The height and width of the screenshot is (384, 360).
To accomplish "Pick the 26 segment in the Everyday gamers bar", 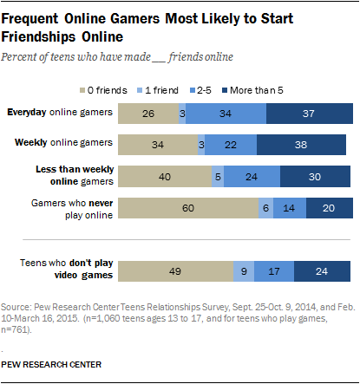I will coord(147,113).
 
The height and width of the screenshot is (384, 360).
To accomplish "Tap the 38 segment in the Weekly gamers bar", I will coord(300,143).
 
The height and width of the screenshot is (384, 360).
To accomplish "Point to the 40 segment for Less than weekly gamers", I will coord(165,176).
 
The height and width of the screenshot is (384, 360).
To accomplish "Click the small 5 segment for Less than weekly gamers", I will coord(218,176).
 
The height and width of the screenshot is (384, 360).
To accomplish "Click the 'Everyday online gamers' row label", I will coord(59,112).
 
